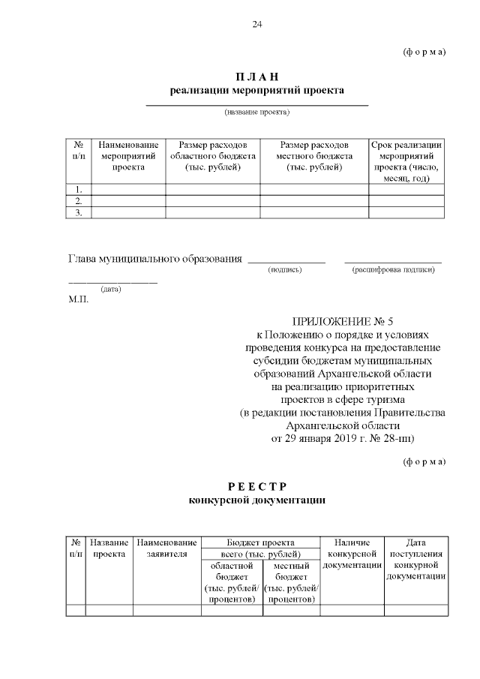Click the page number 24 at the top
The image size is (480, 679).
(x=257, y=25)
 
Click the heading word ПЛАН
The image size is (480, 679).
(x=257, y=77)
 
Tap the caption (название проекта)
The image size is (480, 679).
(x=256, y=113)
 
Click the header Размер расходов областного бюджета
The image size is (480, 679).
(x=213, y=155)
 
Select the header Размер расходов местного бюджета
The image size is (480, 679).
(x=314, y=155)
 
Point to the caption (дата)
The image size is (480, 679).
(x=111, y=289)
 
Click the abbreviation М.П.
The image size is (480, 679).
(x=78, y=299)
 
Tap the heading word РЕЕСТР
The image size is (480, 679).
(x=257, y=486)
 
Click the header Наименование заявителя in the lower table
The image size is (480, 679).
(x=166, y=548)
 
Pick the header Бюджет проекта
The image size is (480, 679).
(x=260, y=542)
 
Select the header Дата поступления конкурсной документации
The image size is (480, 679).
(x=416, y=559)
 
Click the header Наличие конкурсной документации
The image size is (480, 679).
(x=352, y=553)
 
